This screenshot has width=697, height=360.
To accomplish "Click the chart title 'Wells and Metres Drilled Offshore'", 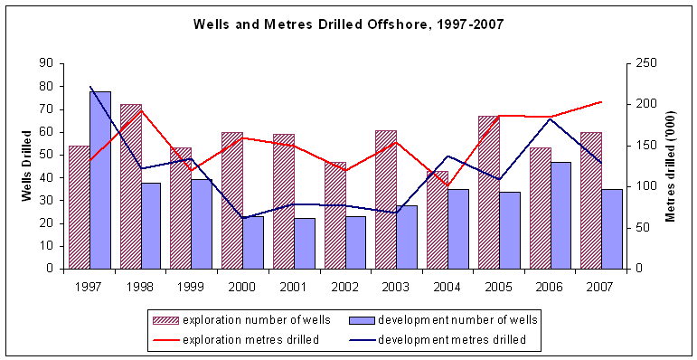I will click(x=348, y=24).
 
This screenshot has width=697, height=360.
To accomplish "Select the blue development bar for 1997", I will click(x=100, y=180).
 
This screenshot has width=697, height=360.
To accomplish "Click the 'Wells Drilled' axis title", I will click(x=27, y=166).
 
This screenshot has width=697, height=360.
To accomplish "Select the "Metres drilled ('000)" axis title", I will click(x=671, y=166).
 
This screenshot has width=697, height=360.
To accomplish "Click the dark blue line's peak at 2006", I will click(x=551, y=119).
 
